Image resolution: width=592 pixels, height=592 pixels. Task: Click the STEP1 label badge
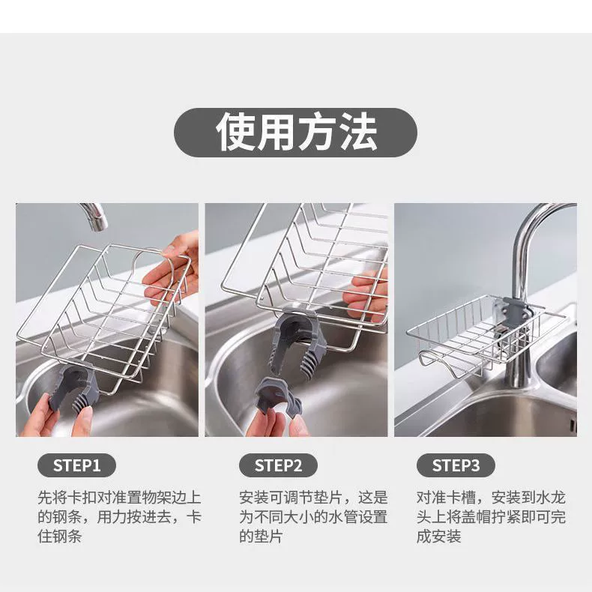coord(76,465)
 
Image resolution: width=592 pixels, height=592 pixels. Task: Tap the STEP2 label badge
coord(278,465)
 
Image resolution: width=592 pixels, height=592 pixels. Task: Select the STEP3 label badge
coord(456,465)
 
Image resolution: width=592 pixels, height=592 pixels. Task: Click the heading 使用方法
coord(296,132)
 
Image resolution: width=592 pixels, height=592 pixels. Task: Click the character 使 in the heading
coord(235,132)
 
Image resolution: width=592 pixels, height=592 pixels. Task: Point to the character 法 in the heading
coord(357,132)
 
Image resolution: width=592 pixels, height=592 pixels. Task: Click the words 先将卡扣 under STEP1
coord(67,498)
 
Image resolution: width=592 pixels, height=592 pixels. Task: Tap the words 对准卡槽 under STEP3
coord(447,498)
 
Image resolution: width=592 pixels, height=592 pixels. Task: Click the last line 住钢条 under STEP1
coord(60,536)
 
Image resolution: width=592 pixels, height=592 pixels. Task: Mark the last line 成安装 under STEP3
coord(438,536)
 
